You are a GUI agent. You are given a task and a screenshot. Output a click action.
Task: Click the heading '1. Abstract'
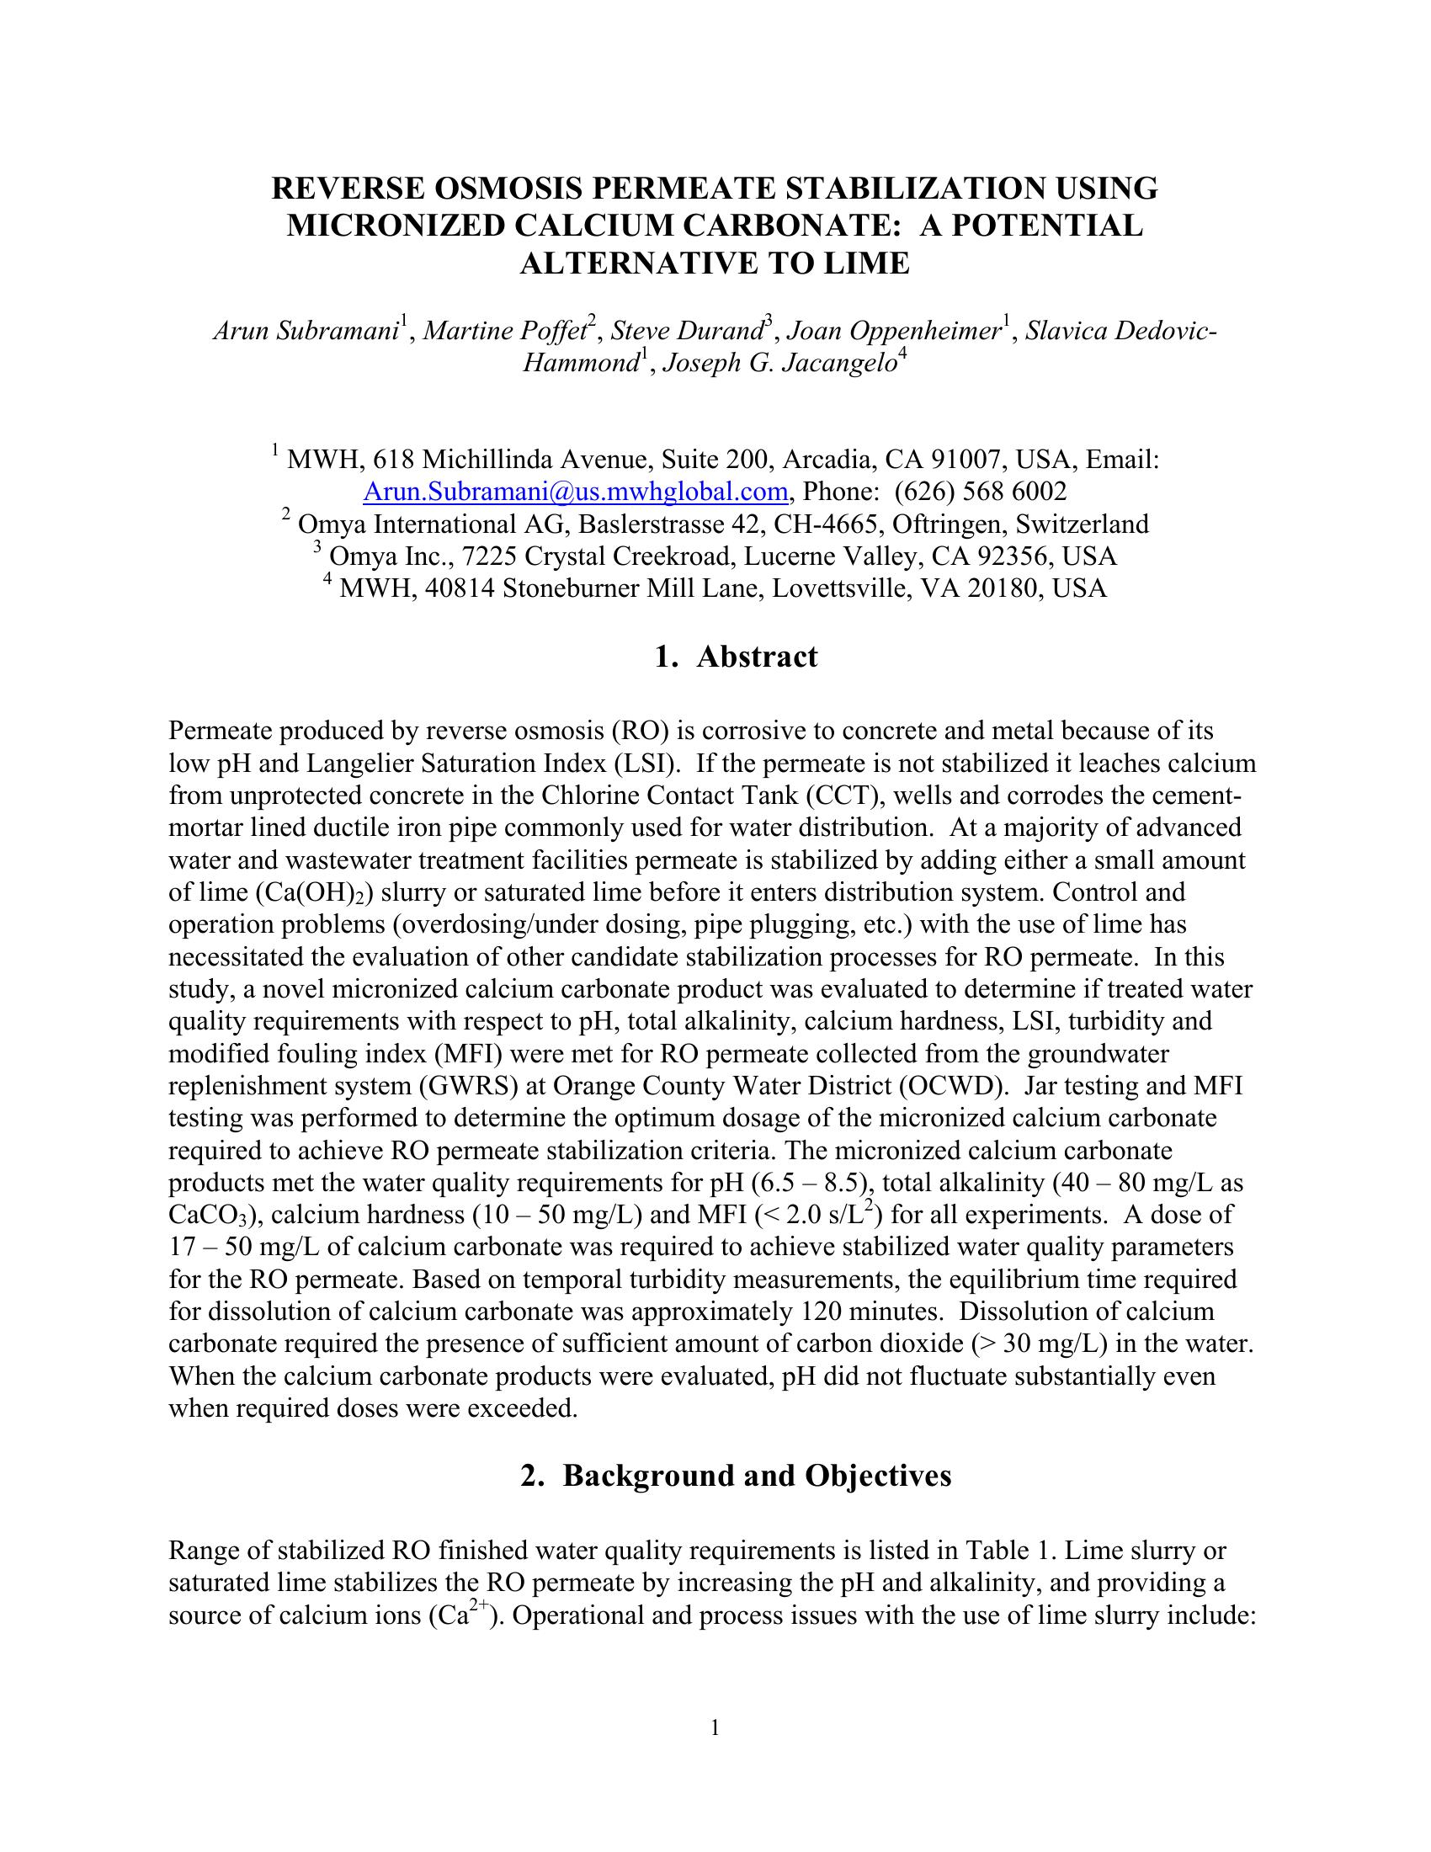pyautogui.click(x=736, y=657)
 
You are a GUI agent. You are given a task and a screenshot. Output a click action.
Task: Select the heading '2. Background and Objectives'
pyautogui.click(x=736, y=1476)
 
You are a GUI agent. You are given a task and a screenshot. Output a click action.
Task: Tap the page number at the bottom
pyautogui.click(x=715, y=1727)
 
